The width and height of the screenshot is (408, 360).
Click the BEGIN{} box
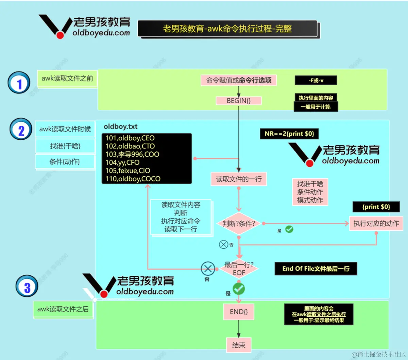(x=239, y=101)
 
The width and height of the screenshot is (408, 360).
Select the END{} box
(x=239, y=312)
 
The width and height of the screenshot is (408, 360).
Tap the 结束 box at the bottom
(x=239, y=345)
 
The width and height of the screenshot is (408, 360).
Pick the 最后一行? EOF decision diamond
(x=239, y=269)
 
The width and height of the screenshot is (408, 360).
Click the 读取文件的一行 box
(x=239, y=179)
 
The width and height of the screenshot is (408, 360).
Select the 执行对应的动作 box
(x=376, y=223)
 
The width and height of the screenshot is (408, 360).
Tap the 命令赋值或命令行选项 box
(x=239, y=80)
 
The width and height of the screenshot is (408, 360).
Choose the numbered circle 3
(x=27, y=286)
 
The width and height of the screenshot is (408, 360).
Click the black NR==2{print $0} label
(x=289, y=134)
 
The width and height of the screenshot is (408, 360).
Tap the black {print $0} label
(x=376, y=207)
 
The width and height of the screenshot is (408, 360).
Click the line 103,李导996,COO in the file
(x=132, y=155)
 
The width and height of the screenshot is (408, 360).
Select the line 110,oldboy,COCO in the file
(x=133, y=179)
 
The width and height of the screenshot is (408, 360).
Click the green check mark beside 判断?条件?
(x=289, y=229)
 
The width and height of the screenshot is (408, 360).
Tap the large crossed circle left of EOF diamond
(x=207, y=269)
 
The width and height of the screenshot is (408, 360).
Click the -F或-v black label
(x=316, y=80)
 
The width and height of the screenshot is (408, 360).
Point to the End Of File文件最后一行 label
(x=316, y=269)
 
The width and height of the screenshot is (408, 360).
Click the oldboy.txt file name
(x=121, y=127)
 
